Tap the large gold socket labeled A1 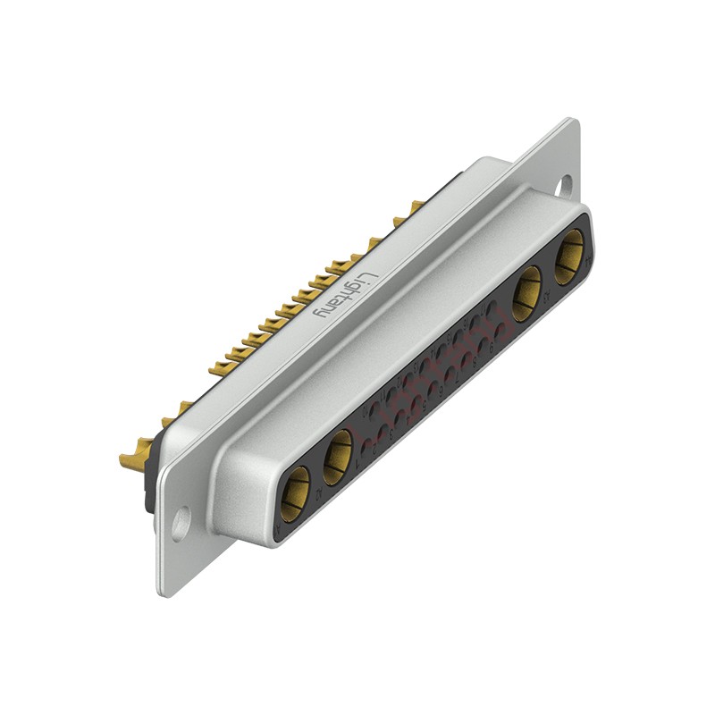(x=294, y=492)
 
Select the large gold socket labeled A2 (x=337, y=457)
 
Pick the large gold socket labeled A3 (x=526, y=293)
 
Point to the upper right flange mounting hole (x=564, y=186)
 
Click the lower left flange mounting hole (x=181, y=524)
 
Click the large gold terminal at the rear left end (x=134, y=460)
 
